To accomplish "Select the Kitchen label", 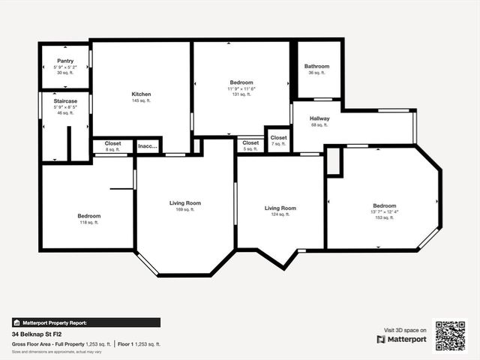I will point(142,94).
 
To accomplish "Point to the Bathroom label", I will point(316,67).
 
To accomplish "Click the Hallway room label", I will point(319,118).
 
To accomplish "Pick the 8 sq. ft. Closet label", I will point(112,143).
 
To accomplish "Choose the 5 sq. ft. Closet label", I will point(250,142).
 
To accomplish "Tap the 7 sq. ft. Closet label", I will point(278,138).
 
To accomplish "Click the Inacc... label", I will point(148,146).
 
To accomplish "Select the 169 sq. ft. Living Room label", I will point(184,203).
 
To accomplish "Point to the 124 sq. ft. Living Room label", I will point(280,208).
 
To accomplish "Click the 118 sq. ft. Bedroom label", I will point(88,216).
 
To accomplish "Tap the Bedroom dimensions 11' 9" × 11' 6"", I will point(241,88).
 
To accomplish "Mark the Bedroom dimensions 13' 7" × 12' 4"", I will point(385,211).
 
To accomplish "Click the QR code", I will point(451,336).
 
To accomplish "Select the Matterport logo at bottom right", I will point(402,339).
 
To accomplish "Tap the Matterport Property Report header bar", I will point(85,322).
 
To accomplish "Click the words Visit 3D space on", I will point(405,330).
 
